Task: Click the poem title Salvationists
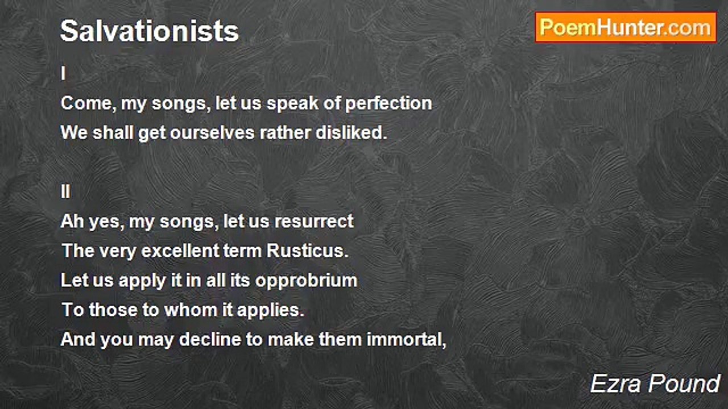click(150, 31)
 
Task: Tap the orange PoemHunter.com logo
click(626, 28)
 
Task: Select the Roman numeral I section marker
click(63, 73)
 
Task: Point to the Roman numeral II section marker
click(65, 191)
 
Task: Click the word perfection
click(388, 104)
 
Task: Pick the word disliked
click(351, 133)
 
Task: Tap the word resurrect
click(314, 222)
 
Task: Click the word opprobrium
click(306, 281)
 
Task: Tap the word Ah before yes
click(72, 222)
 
